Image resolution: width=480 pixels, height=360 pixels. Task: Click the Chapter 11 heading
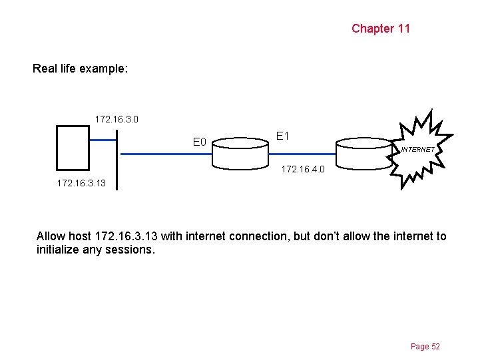381,29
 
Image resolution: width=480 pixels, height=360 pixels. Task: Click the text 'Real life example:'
81,69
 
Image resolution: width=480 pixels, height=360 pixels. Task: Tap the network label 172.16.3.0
117,120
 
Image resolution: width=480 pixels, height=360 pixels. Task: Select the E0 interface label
200,142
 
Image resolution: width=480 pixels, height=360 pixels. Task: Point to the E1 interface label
282,136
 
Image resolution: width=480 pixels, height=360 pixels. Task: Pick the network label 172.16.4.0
303,170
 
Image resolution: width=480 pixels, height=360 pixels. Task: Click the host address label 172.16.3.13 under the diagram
81,182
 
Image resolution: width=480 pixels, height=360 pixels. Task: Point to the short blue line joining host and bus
103,140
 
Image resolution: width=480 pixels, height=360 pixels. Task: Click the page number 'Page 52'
425,347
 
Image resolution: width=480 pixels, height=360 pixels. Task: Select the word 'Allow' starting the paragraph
51,236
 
